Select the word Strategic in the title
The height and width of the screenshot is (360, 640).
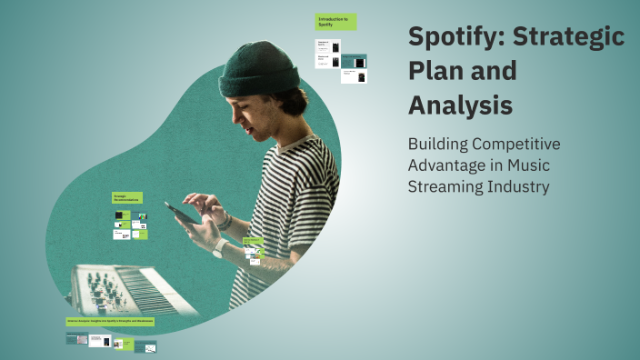[571, 38]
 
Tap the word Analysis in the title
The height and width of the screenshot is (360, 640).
[459, 105]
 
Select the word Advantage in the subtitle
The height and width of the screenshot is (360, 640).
[451, 165]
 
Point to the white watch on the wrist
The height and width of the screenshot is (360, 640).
[219, 247]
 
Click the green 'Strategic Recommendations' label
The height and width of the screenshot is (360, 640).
[125, 197]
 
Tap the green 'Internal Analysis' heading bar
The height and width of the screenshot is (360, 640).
[110, 322]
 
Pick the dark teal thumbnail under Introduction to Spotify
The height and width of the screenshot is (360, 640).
[358, 62]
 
